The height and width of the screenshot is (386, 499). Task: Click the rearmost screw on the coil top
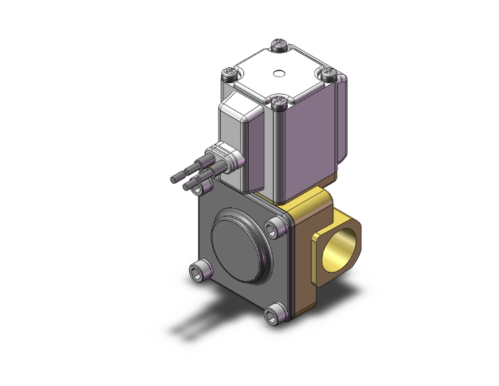click(x=279, y=46)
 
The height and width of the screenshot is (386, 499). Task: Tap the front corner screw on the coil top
click(x=280, y=101)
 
